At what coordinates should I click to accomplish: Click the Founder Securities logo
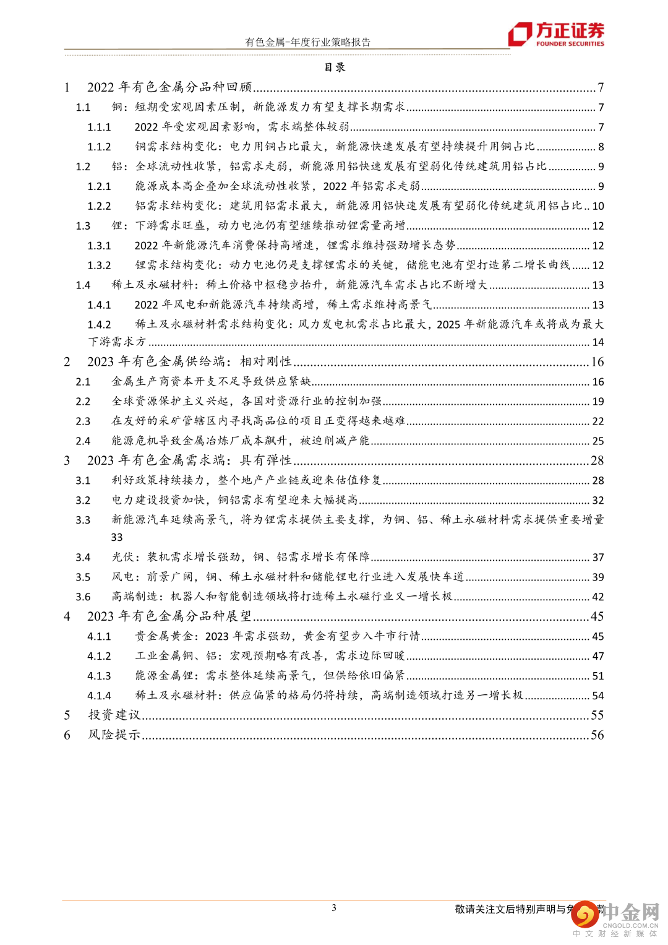pos(556,34)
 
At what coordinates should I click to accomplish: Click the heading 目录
pos(335,67)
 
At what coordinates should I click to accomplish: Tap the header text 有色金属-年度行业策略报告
pos(307,42)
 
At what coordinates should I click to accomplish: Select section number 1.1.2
pos(99,147)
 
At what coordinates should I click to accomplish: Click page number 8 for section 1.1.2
pos(601,147)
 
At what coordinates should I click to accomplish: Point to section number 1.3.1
pos(99,246)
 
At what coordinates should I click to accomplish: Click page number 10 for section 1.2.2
pos(598,206)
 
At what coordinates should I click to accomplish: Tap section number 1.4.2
pos(99,324)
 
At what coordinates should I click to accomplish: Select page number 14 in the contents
pos(598,342)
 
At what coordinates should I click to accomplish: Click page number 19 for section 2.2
pos(598,402)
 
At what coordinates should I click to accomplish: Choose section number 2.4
pos(83,441)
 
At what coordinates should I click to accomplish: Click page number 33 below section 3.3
pos(117,537)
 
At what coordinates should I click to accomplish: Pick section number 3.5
pos(83,577)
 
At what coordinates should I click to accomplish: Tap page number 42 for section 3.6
pos(598,597)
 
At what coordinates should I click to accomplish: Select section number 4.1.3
pos(99,676)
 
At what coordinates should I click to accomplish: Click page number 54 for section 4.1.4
pos(598,696)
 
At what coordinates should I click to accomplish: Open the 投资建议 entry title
pos(114,715)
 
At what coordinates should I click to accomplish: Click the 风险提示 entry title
pos(114,735)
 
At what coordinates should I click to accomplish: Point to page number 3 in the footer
pos(334,908)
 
